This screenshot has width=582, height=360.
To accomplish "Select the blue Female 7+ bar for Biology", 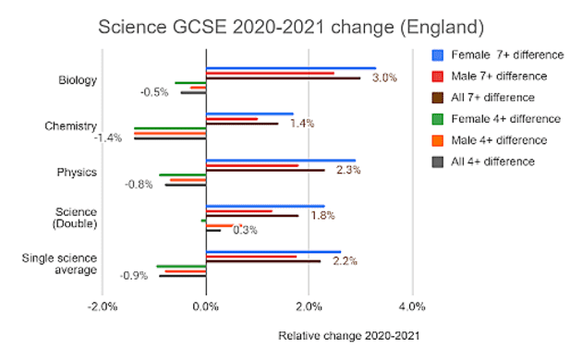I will tap(290, 67).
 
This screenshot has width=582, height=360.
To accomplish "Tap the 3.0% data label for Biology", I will tap(384, 78).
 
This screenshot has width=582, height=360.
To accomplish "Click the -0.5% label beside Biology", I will tap(154, 92).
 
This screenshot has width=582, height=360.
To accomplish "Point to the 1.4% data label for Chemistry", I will tap(302, 123).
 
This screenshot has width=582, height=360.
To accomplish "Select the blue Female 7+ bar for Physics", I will tap(280, 161).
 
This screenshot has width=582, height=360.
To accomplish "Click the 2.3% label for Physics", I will tap(347, 170).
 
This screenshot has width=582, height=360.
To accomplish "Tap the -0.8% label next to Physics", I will tap(139, 184).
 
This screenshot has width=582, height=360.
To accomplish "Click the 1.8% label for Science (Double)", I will tap(322, 215).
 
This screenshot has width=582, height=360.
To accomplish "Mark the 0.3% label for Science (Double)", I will tap(245, 230).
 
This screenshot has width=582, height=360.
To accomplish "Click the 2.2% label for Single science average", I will tap(345, 261).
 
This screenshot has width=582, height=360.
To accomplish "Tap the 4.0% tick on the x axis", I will tap(411, 306).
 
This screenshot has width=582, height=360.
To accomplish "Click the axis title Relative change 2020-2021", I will tap(344, 335).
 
